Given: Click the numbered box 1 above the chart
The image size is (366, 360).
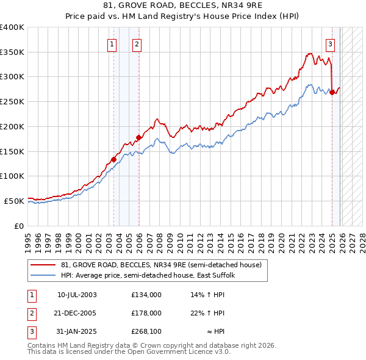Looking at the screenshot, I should click(112, 43).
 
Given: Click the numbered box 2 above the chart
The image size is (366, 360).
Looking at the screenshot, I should click(137, 43).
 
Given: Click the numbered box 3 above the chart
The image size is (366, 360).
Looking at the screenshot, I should click(330, 43).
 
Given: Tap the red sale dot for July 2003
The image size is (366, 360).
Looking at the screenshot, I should click(113, 159).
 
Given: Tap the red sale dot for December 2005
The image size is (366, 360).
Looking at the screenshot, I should click(138, 138).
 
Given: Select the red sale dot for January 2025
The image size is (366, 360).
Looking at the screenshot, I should click(332, 93).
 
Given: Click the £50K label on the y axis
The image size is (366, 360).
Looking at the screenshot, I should click(14, 201).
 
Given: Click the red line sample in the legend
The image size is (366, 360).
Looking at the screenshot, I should click(43, 265).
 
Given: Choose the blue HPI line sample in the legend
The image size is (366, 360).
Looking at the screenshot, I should click(43, 275).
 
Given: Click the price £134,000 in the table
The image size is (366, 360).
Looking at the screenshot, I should click(146, 295).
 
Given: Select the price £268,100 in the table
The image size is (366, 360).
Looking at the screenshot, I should click(146, 332).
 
